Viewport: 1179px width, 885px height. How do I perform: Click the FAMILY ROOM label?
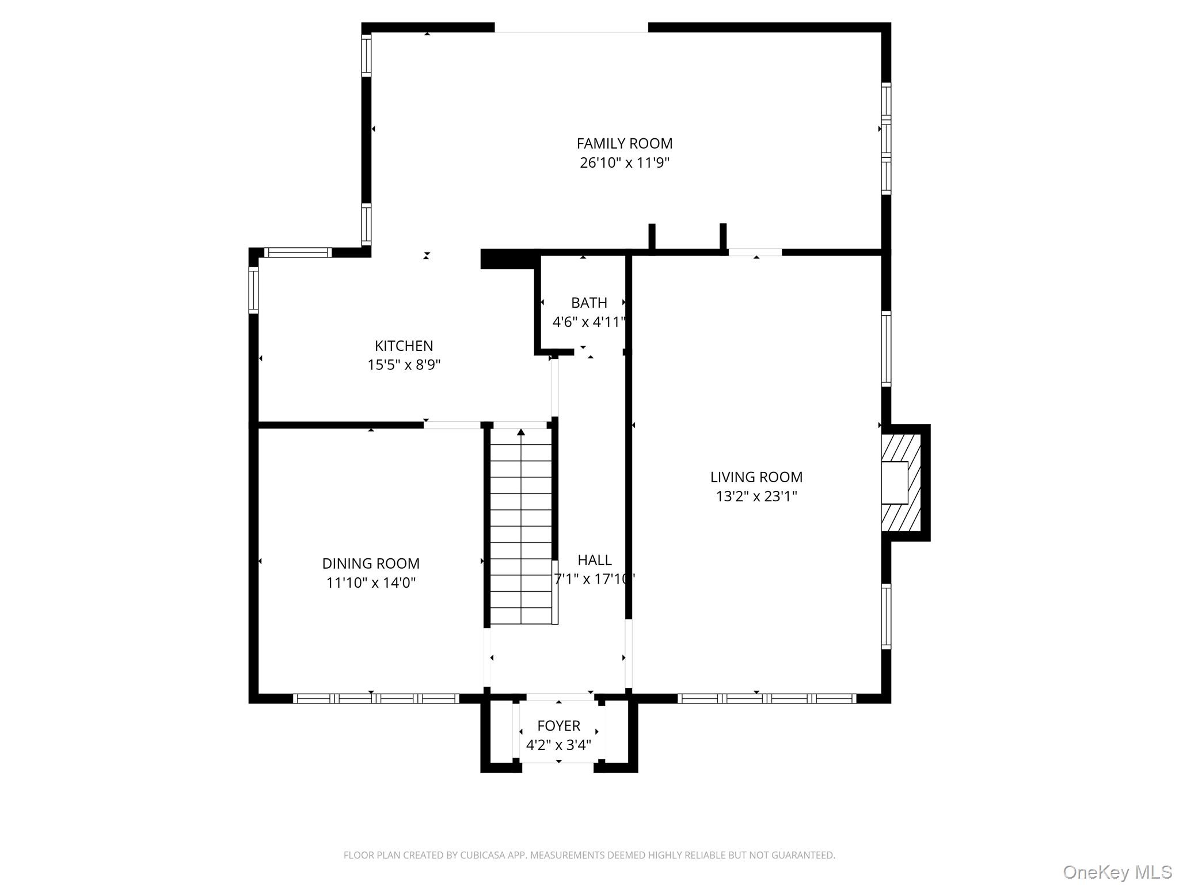pos(624,143)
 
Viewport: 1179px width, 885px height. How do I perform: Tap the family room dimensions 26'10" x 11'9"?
pos(624,162)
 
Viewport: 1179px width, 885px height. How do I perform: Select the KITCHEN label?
pos(404,346)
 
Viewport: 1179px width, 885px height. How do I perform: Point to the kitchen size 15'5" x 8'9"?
pos(404,365)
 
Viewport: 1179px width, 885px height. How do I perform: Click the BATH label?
pos(588,302)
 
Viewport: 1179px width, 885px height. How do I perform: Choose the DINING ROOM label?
pos(370,563)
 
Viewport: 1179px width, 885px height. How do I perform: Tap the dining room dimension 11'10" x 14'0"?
pos(370,583)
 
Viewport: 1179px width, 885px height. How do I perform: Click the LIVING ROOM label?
pos(756,477)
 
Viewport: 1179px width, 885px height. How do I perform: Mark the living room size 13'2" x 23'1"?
pos(756,496)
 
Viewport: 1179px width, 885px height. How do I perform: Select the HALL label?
pos(594,559)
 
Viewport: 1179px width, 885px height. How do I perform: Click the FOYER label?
pos(558,725)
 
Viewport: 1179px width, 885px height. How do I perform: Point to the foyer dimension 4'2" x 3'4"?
pos(558,745)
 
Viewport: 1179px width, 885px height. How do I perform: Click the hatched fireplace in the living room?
pos(901,483)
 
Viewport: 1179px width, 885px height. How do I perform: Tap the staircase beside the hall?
pos(521,530)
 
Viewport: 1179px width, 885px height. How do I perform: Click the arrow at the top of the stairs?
pos(521,432)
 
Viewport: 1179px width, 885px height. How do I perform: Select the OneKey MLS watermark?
pos(1117,872)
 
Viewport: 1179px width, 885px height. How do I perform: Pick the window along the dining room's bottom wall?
pos(376,698)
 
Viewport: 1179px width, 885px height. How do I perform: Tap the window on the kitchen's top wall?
pos(298,252)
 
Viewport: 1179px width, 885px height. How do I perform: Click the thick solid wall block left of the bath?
pos(507,259)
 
